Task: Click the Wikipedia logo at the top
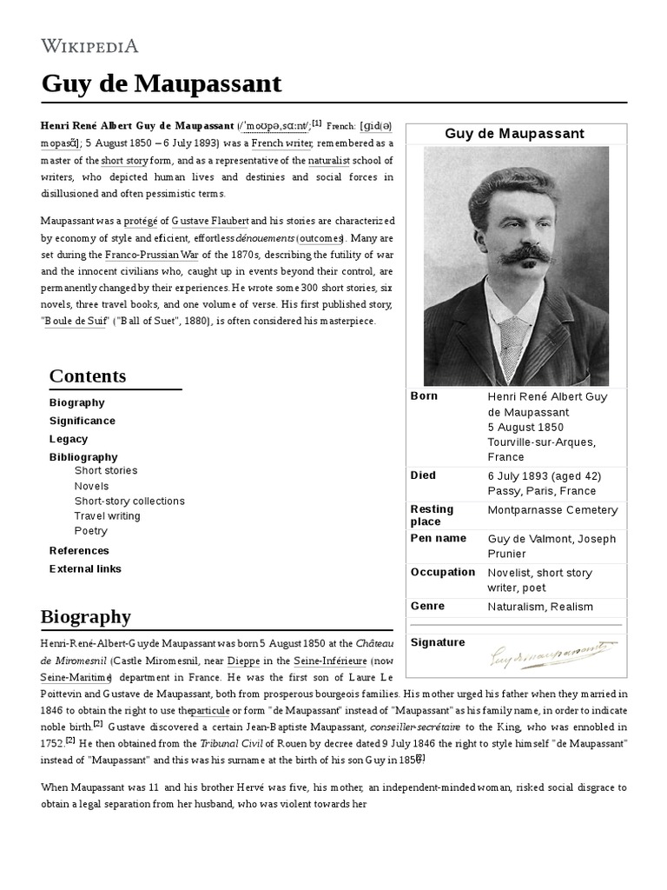click(x=89, y=47)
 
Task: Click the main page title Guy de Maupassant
click(x=162, y=83)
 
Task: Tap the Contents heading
click(x=88, y=375)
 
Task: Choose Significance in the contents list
click(x=82, y=421)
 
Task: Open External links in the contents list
click(x=85, y=569)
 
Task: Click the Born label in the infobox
click(x=424, y=396)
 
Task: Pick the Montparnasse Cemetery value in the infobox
click(x=552, y=510)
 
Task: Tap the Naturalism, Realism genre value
click(x=540, y=607)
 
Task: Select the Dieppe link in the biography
click(x=241, y=660)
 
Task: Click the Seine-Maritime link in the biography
click(x=76, y=677)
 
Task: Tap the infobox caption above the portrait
click(x=514, y=134)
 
